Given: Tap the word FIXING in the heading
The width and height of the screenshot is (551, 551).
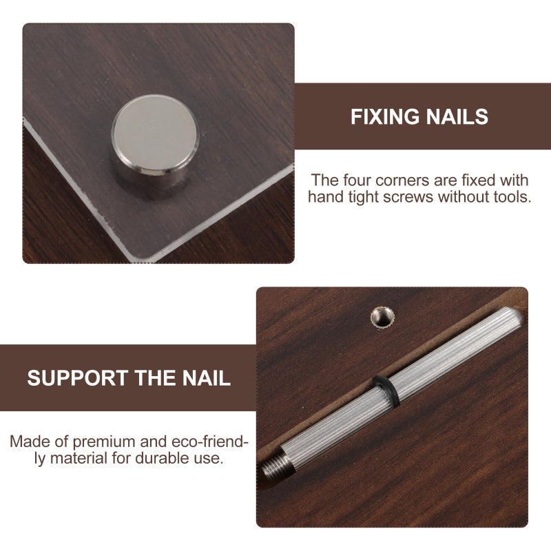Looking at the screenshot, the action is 385,116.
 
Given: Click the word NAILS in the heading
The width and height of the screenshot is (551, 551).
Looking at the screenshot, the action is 457,116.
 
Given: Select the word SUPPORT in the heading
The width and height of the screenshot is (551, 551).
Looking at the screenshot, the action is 78,378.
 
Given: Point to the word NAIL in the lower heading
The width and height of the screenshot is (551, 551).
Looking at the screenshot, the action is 206,378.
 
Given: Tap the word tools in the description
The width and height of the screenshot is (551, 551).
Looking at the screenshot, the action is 512,197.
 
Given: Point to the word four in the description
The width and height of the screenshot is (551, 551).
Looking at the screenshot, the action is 356,180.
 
